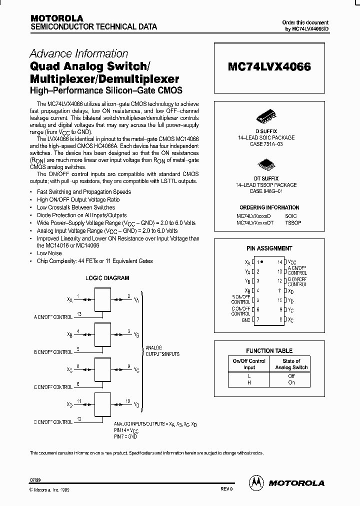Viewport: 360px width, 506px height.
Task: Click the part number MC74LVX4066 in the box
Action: (x=269, y=66)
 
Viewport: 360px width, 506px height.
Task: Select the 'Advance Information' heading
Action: (x=79, y=53)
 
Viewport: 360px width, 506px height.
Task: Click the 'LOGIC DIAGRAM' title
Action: (x=107, y=278)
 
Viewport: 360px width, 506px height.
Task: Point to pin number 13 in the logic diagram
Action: (x=79, y=314)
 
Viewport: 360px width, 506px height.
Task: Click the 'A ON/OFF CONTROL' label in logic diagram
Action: (x=53, y=317)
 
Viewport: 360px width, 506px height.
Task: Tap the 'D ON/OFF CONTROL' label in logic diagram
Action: (x=53, y=422)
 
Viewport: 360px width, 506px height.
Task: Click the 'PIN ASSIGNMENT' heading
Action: (x=269, y=248)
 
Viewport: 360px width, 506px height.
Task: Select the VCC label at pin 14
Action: (x=292, y=262)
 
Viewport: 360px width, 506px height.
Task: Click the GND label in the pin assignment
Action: (x=245, y=319)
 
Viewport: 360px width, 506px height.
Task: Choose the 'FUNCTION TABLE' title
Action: (x=269, y=350)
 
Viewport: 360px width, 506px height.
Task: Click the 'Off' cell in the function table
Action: (x=291, y=376)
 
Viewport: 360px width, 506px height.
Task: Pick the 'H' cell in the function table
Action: (x=249, y=382)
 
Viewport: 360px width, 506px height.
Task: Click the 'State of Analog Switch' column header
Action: (x=291, y=364)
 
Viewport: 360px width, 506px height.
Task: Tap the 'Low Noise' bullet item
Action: (x=49, y=253)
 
